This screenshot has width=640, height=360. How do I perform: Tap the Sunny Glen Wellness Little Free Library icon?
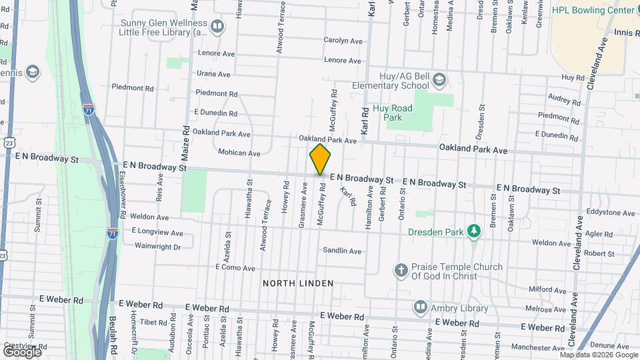pos(217,27)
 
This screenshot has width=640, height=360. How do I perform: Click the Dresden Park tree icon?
pos(474,231)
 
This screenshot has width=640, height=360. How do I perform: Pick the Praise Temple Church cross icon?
pos(401,270)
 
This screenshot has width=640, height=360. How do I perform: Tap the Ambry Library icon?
pos(421,307)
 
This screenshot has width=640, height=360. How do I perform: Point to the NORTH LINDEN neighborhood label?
pos(298,283)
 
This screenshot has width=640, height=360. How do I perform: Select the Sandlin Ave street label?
pos(342,251)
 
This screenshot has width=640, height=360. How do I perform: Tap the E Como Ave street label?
pos(235,268)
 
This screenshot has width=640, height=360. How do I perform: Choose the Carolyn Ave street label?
pos(343,41)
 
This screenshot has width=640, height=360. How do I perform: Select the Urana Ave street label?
pos(213,74)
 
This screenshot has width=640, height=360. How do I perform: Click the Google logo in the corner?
pos(22,351)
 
